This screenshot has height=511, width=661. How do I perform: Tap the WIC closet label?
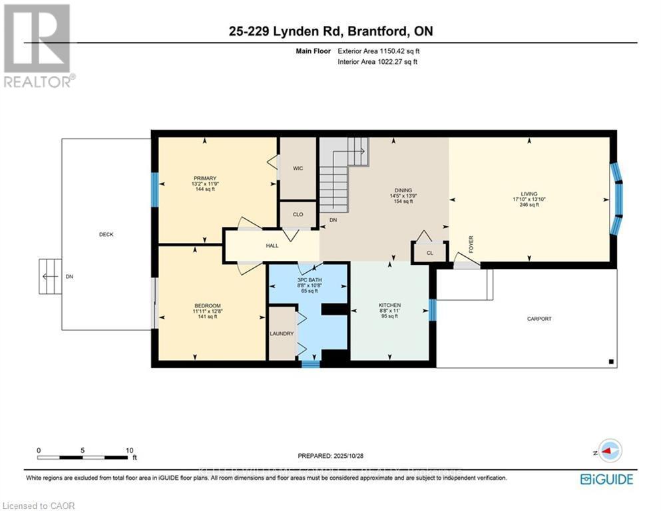click(x=298, y=168)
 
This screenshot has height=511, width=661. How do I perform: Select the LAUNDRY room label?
click(x=282, y=333)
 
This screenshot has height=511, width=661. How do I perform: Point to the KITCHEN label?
click(x=389, y=305)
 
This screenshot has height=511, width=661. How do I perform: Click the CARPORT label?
click(x=539, y=319)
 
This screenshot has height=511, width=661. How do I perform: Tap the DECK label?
click(x=107, y=234)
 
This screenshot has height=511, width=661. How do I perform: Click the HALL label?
click(x=272, y=246)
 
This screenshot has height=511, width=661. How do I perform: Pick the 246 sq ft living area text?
click(x=529, y=205)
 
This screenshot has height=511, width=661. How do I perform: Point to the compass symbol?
click(x=608, y=451)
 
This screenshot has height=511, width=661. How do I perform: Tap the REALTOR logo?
click(x=37, y=46)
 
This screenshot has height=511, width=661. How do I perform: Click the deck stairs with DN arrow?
click(x=49, y=276)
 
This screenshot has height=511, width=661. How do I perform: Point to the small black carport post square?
click(x=610, y=361)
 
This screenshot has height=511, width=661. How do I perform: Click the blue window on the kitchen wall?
click(x=432, y=309)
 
